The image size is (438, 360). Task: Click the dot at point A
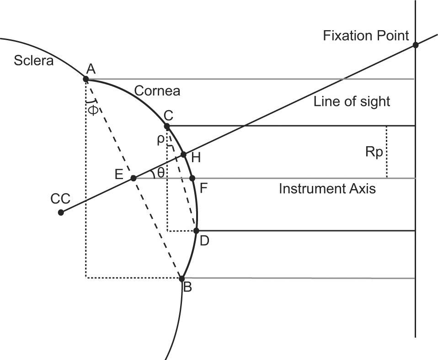click(x=86, y=79)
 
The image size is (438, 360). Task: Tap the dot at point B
click(x=182, y=279)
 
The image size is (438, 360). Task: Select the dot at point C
click(x=167, y=126)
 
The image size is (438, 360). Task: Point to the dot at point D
click(x=197, y=231)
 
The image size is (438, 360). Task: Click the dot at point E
click(x=134, y=178)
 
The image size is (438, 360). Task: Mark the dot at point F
click(x=192, y=178)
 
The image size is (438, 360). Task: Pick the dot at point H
click(x=184, y=154)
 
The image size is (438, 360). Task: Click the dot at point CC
click(x=61, y=212)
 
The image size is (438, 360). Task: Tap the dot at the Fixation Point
click(x=416, y=45)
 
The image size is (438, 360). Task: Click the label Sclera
click(x=33, y=60)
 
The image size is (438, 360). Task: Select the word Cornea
click(x=157, y=91)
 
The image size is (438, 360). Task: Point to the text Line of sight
click(x=352, y=101)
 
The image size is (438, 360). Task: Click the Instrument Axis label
click(x=327, y=188)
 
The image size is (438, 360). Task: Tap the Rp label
click(x=374, y=153)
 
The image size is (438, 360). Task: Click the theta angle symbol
click(x=160, y=172)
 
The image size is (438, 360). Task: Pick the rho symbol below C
click(x=160, y=139)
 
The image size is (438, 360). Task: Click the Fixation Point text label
click(x=366, y=36)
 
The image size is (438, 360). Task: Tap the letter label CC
click(x=60, y=199)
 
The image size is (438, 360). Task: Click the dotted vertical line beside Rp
click(x=387, y=152)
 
